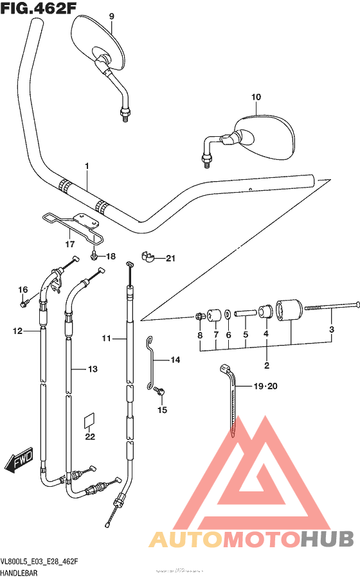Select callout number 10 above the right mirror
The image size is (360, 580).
[x=256, y=97]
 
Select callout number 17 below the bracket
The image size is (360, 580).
[x=70, y=244]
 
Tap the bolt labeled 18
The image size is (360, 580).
[x=95, y=256]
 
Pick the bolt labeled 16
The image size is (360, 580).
[x=24, y=303]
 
